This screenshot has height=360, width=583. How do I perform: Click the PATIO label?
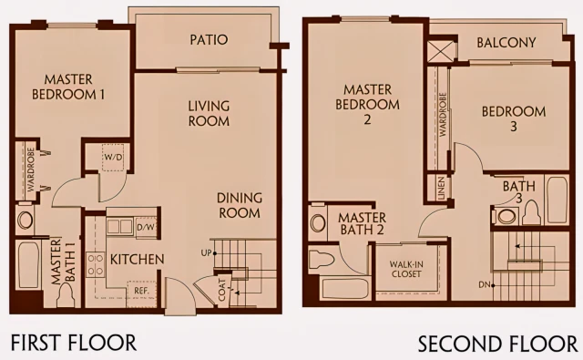tap(209, 40)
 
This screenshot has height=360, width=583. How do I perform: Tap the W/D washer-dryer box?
tap(114, 156)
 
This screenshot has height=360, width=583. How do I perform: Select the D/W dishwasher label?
tap(145, 226)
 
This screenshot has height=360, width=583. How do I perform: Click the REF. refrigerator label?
tap(141, 293)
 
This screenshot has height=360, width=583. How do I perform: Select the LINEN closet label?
tap(441, 189)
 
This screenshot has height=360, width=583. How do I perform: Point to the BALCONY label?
tap(506, 43)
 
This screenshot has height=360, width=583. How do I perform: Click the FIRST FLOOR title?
tap(73, 344)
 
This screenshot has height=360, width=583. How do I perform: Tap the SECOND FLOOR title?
tap(497, 345)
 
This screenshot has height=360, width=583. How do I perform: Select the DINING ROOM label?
tap(240, 205)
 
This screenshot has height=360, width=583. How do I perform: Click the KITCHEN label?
tap(138, 259)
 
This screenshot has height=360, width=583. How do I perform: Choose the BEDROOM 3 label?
tap(514, 118)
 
